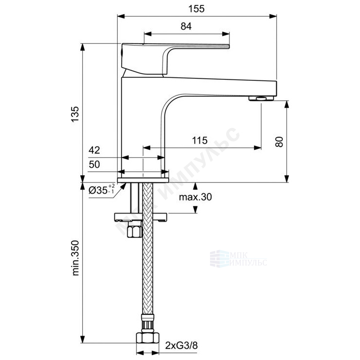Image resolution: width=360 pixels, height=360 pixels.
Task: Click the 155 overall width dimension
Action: [x=197, y=9]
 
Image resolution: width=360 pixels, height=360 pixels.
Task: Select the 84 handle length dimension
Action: [x=186, y=26]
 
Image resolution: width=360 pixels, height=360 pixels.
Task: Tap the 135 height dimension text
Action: [x=75, y=114]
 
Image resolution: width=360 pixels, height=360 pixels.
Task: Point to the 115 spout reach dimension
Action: [x=200, y=140]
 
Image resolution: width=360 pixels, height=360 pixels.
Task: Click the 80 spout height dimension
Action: [x=279, y=142]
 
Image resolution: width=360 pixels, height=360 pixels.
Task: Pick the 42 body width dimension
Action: [x=94, y=150]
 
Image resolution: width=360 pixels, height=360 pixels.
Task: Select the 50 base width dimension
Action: [x=94, y=164]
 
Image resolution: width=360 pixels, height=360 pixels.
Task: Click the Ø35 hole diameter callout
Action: [x=101, y=190]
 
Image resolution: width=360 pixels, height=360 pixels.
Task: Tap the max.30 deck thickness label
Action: [x=196, y=197]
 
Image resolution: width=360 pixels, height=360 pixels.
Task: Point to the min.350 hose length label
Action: [x=75, y=258]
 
